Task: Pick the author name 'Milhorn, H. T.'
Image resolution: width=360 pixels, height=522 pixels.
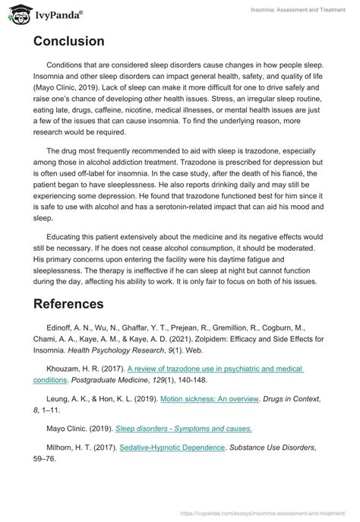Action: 72,448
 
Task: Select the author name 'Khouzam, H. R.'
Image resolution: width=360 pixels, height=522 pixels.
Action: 75,369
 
